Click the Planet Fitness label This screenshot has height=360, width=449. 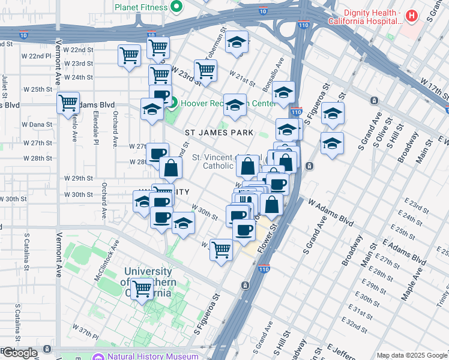pos(142,8)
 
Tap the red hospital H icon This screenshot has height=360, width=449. pos(411,16)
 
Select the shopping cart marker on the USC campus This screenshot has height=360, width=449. pos(142,289)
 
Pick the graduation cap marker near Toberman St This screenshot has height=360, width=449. pos(237,43)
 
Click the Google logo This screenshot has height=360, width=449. pos(19,353)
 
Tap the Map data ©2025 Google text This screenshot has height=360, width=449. pos(412,355)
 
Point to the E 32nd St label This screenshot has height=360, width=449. pos(357,325)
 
